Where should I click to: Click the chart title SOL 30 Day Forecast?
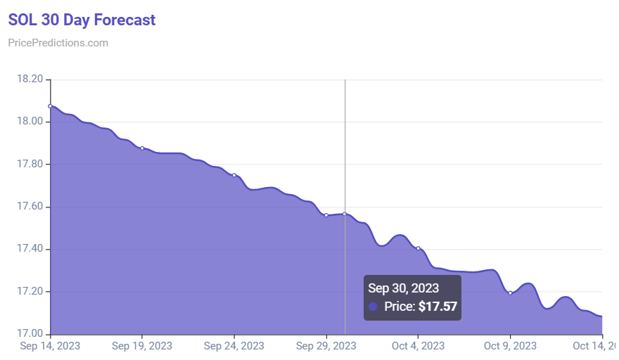[82, 20]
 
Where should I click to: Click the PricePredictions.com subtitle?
[58, 43]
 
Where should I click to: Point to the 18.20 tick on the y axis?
[30, 79]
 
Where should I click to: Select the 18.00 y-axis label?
[30, 122]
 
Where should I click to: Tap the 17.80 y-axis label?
[30, 165]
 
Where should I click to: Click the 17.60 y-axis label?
[30, 207]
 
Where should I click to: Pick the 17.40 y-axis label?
[30, 249]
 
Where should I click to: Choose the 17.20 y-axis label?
[30, 292]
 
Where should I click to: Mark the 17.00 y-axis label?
[30, 334]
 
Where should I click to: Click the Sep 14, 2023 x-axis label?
[50, 346]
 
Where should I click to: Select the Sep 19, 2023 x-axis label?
[141, 346]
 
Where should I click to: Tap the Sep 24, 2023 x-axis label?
[234, 346]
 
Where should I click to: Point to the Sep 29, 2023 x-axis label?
[326, 346]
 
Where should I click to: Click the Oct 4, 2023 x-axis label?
[418, 346]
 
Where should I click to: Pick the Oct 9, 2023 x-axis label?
[510, 346]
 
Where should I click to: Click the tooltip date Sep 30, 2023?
[404, 288]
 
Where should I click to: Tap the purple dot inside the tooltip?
[373, 307]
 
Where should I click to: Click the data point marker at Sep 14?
[50, 106]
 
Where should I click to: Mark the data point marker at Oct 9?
[510, 293]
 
